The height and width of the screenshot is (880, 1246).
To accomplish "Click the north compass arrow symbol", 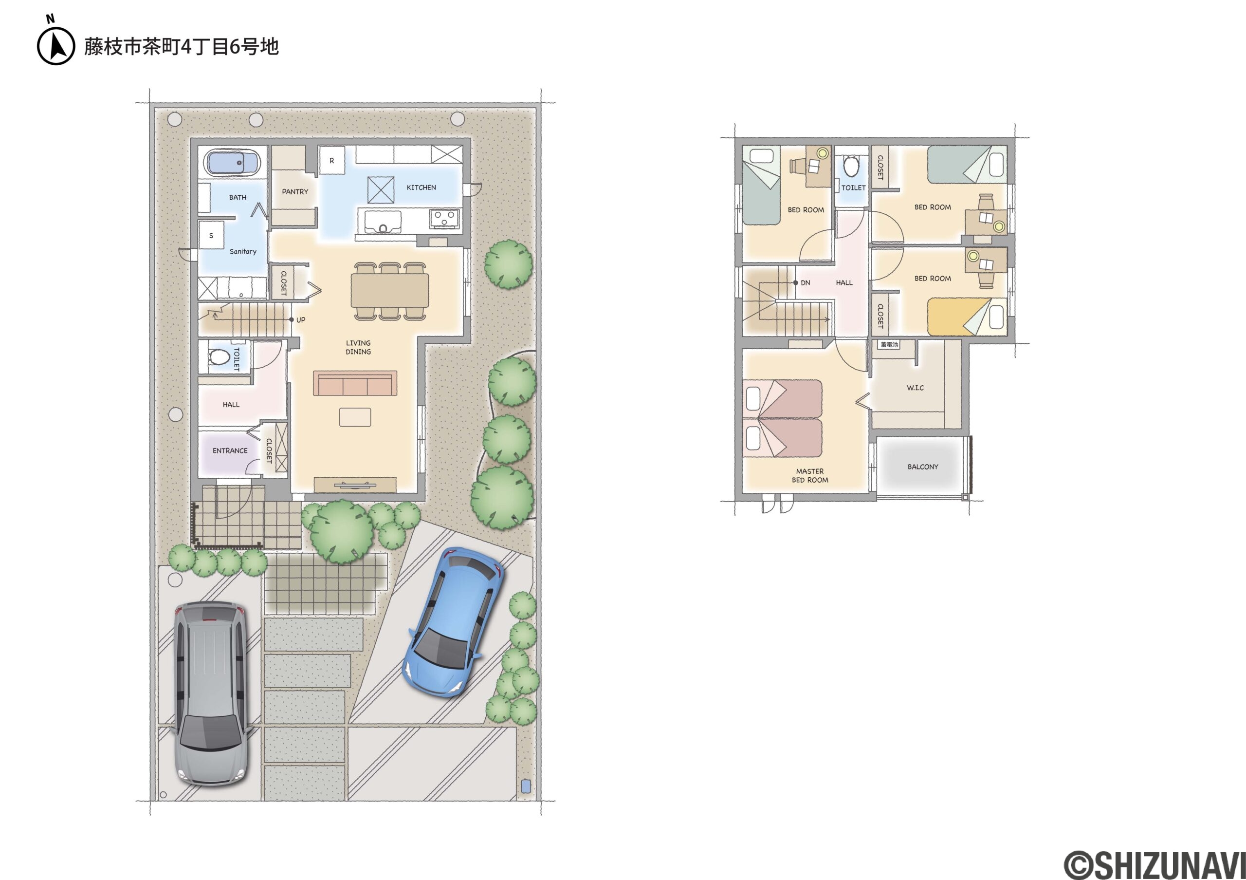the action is pos(56,46).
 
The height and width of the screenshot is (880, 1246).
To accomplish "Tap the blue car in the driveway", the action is pos(453,622).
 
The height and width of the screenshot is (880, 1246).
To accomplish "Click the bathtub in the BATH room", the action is pos(232,162).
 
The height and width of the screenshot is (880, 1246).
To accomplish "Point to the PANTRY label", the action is pos(294,192).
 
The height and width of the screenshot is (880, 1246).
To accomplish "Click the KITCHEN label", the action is pos(421,187).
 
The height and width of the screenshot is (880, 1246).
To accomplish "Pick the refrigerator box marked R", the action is pos(331,160).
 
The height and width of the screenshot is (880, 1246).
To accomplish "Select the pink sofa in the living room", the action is pos(355,383).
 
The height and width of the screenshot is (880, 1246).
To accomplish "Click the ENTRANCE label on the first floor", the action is pos(230,450).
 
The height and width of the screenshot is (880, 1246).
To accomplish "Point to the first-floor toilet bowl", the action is pos(219,356).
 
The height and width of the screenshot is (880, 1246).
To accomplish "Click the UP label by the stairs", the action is pos(301,320).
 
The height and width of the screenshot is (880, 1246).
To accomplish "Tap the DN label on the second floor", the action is pos(806,283).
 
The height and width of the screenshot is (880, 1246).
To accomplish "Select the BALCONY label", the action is pos(922,467).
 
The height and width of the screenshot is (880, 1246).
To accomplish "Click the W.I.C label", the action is pos(915,388).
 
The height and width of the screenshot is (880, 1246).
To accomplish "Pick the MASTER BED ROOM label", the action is pos(810,476).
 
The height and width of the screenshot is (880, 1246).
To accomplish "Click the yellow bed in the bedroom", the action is pos(967,317).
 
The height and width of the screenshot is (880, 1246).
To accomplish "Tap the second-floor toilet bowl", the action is pos(851,166).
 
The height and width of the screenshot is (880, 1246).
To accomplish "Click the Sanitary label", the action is pos(242,251).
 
